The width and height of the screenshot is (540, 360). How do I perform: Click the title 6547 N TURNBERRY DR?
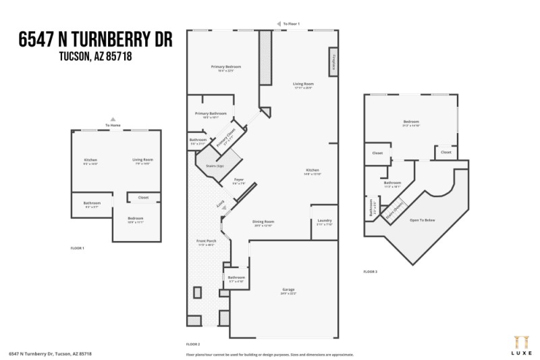click(96, 40)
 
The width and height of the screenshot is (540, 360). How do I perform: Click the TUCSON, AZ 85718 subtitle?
click(96, 57)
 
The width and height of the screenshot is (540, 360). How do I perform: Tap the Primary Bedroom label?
click(225, 67)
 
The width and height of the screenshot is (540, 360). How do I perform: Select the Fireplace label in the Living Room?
click(333, 62)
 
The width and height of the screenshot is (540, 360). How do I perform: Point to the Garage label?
click(289, 290)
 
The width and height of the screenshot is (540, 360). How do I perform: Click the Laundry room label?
click(324, 222)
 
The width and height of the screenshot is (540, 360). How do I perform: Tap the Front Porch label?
click(206, 241)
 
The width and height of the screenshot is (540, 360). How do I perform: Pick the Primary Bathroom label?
click(211, 113)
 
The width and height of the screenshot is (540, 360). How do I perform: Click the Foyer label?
click(238, 180)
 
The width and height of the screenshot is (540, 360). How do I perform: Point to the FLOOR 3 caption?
click(371, 272)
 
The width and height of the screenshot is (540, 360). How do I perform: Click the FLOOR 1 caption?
click(78, 249)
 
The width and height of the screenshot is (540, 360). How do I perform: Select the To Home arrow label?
click(113, 125)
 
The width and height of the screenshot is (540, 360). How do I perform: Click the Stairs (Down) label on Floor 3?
click(394, 206)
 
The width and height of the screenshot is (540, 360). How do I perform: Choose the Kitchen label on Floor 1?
click(90, 160)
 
